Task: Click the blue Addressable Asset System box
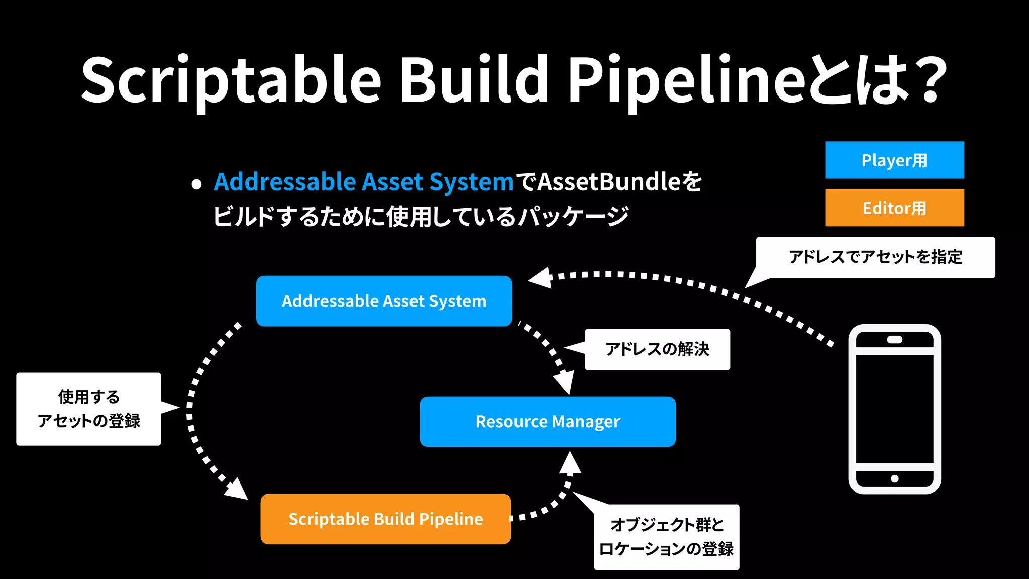coord(384,301)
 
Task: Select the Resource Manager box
coord(548,421)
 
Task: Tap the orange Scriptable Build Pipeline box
coord(385,519)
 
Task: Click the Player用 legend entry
coord(894,160)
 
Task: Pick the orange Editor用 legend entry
coord(894,208)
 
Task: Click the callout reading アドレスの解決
coord(657,349)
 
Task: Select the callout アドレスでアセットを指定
coord(875,257)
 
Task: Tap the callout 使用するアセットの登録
coord(88,409)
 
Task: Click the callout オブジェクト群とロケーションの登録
coord(666,537)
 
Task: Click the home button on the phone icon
coord(894,478)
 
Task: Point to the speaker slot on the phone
coord(894,340)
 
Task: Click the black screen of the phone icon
coord(894,409)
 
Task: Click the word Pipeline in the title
coord(686,80)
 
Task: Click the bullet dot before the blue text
coord(196,184)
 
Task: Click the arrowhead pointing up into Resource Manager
coord(570,462)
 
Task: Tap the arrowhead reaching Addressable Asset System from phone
coord(541,278)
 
